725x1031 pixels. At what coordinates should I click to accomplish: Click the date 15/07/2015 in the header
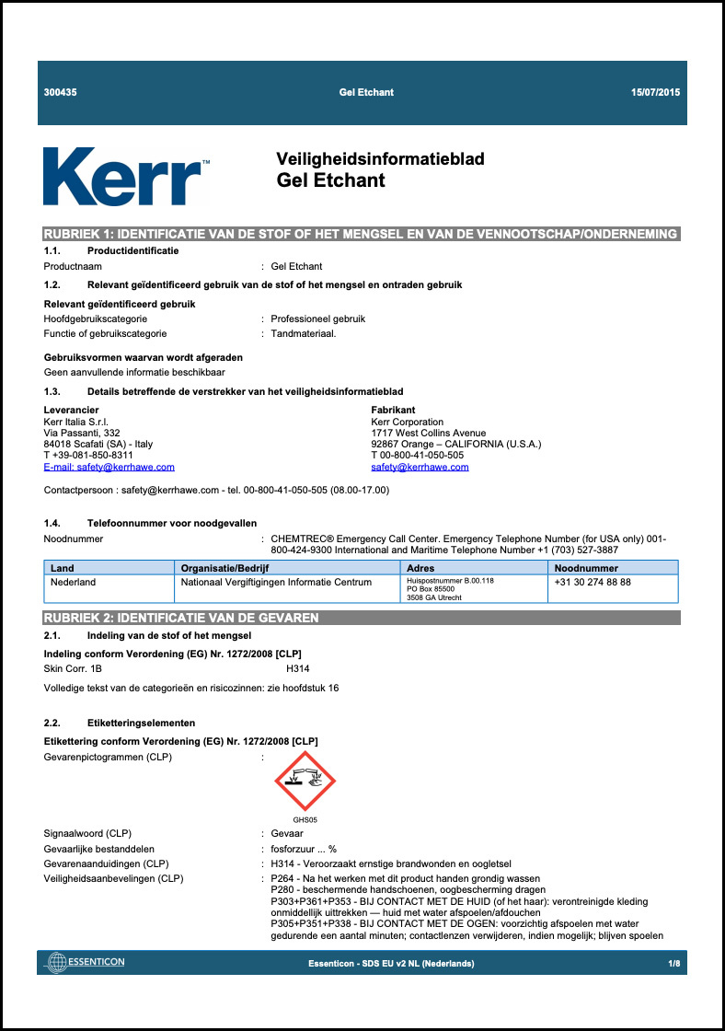click(656, 93)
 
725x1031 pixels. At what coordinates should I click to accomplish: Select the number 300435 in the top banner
click(61, 93)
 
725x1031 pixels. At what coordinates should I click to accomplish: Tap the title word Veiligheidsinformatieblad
click(380, 159)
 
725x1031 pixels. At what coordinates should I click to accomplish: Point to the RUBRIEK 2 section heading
click(182, 618)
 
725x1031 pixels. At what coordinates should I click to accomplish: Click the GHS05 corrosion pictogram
click(305, 782)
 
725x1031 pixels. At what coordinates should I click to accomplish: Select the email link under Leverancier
click(109, 467)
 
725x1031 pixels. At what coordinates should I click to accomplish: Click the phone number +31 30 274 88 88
click(593, 582)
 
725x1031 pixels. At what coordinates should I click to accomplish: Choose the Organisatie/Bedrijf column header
click(224, 568)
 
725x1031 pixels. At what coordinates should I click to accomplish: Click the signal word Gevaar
click(288, 833)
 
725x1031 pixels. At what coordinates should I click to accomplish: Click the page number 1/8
click(673, 963)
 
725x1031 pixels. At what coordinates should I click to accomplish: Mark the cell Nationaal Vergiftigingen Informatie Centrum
click(276, 582)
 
